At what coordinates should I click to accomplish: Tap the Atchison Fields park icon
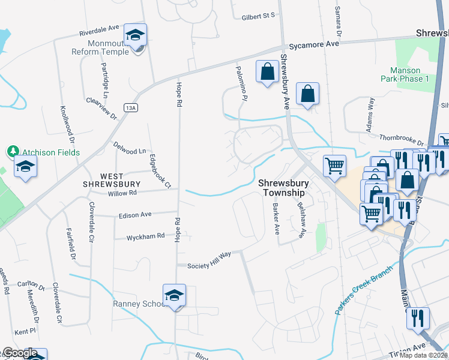(12, 151)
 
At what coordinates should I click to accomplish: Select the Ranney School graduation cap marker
(174, 296)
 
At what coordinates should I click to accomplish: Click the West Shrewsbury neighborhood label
(112, 179)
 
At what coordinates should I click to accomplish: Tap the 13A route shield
(132, 107)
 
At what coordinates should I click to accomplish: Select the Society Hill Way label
(209, 260)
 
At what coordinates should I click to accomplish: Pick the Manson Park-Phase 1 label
(405, 74)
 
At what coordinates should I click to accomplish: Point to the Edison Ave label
(135, 215)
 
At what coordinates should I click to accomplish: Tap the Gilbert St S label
(258, 16)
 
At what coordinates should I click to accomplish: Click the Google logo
(20, 353)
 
